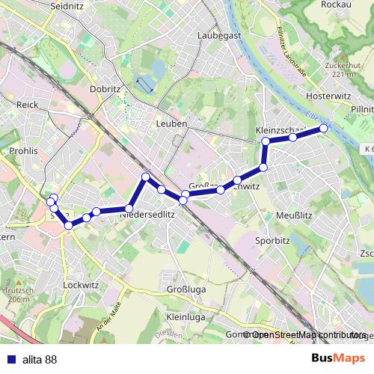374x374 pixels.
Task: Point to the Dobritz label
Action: [104, 88]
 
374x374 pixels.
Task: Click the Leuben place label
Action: [171, 123]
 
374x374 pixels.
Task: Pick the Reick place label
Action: [27, 105]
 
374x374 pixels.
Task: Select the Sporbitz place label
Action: [271, 242]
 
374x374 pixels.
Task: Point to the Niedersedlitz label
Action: [147, 213]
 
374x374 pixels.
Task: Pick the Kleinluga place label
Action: [186, 317]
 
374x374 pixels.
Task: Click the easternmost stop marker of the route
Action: [324, 129]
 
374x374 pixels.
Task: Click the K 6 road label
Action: [364, 150]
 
